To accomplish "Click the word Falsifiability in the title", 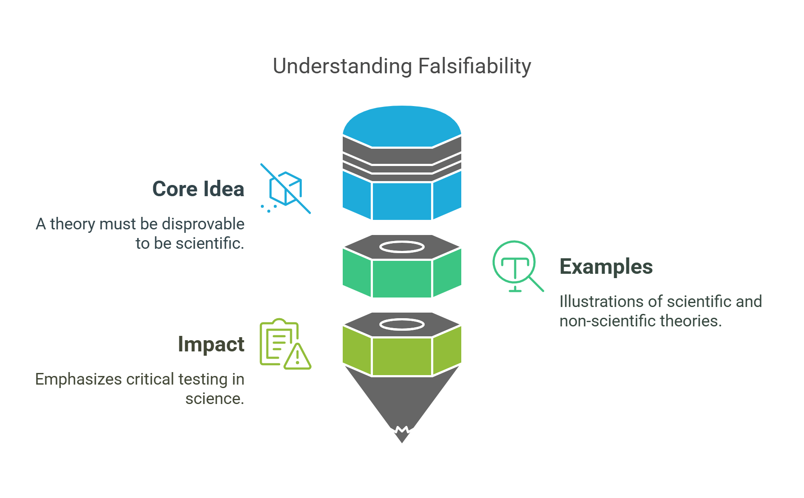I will tap(474, 66).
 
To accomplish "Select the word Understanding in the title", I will tap(343, 66).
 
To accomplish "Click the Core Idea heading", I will tap(198, 189).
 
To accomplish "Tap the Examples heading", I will tap(606, 266).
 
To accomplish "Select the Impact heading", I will tap(211, 344).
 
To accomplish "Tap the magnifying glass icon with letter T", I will tap(516, 265).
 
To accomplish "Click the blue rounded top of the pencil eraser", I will tap(402, 125).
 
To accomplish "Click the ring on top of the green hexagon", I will tap(402, 247).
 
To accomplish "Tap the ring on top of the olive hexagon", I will tap(402, 324).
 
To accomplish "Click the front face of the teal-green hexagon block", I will tap(402, 278).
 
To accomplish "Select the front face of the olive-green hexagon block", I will tap(402, 356).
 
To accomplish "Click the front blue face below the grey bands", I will tap(402, 201).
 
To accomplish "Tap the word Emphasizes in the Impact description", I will tap(78, 379).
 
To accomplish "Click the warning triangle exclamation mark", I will tap(297, 357).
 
